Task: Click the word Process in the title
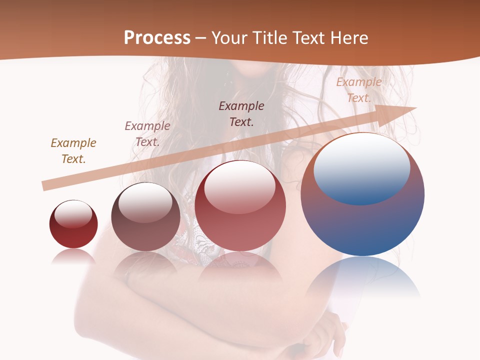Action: [157, 38]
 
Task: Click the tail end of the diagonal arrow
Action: [45, 185]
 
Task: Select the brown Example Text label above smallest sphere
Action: [73, 150]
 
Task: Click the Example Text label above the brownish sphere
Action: [147, 133]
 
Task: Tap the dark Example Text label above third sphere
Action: [241, 113]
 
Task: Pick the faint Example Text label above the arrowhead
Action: [359, 90]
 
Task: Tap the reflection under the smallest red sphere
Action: [73, 256]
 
